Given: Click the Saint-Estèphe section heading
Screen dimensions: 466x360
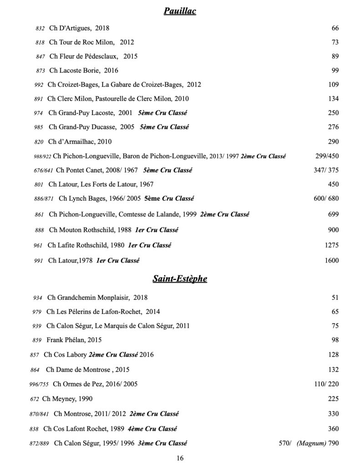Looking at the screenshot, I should coord(180,279).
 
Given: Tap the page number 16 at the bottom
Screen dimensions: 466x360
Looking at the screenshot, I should coord(180,458).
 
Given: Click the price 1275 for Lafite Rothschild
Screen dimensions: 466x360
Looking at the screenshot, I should coord(332,245).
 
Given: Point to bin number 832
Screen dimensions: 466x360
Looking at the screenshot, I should coord(40,29).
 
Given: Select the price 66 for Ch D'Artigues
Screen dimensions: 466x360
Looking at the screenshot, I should coord(335,28).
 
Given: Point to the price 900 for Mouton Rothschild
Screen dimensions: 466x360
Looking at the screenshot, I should coord(333,230).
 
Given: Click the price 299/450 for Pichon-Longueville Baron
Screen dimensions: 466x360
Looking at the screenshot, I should coord(327,156).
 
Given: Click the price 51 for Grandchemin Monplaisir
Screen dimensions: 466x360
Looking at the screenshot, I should coord(335,298).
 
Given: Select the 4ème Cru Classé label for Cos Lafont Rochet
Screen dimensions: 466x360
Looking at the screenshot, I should coord(153,429).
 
